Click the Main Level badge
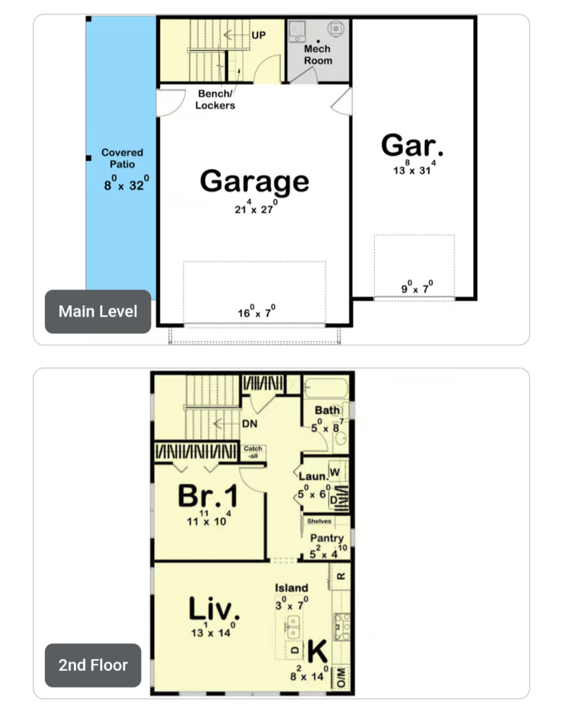98,312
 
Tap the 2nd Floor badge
93,665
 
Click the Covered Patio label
123,158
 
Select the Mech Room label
318,54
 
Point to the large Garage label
254,181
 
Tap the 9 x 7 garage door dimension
417,287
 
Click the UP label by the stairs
259,35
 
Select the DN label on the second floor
250,424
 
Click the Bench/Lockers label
215,99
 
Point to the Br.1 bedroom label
209,496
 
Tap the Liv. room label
214,609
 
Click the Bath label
328,410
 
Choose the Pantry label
327,538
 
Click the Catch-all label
253,452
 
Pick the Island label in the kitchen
292,588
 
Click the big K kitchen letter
317,651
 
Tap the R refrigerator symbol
341,577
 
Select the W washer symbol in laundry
335,472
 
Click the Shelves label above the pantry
319,522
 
